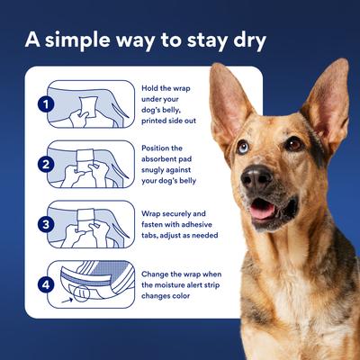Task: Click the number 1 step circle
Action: point(46,104)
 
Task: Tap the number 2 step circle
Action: point(46,165)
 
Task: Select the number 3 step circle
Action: point(46,224)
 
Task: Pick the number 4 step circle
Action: point(46,284)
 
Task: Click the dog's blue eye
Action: point(243,147)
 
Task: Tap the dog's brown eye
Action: point(293,144)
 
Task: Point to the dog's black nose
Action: point(256,176)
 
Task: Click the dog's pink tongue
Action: point(261,211)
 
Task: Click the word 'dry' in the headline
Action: point(249,41)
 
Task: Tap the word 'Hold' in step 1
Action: point(149,88)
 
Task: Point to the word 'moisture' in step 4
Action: point(170,284)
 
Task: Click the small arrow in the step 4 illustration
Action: point(67,300)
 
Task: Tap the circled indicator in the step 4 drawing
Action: point(82,293)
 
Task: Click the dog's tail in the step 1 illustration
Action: point(120,111)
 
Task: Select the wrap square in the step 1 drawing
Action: point(88,107)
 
